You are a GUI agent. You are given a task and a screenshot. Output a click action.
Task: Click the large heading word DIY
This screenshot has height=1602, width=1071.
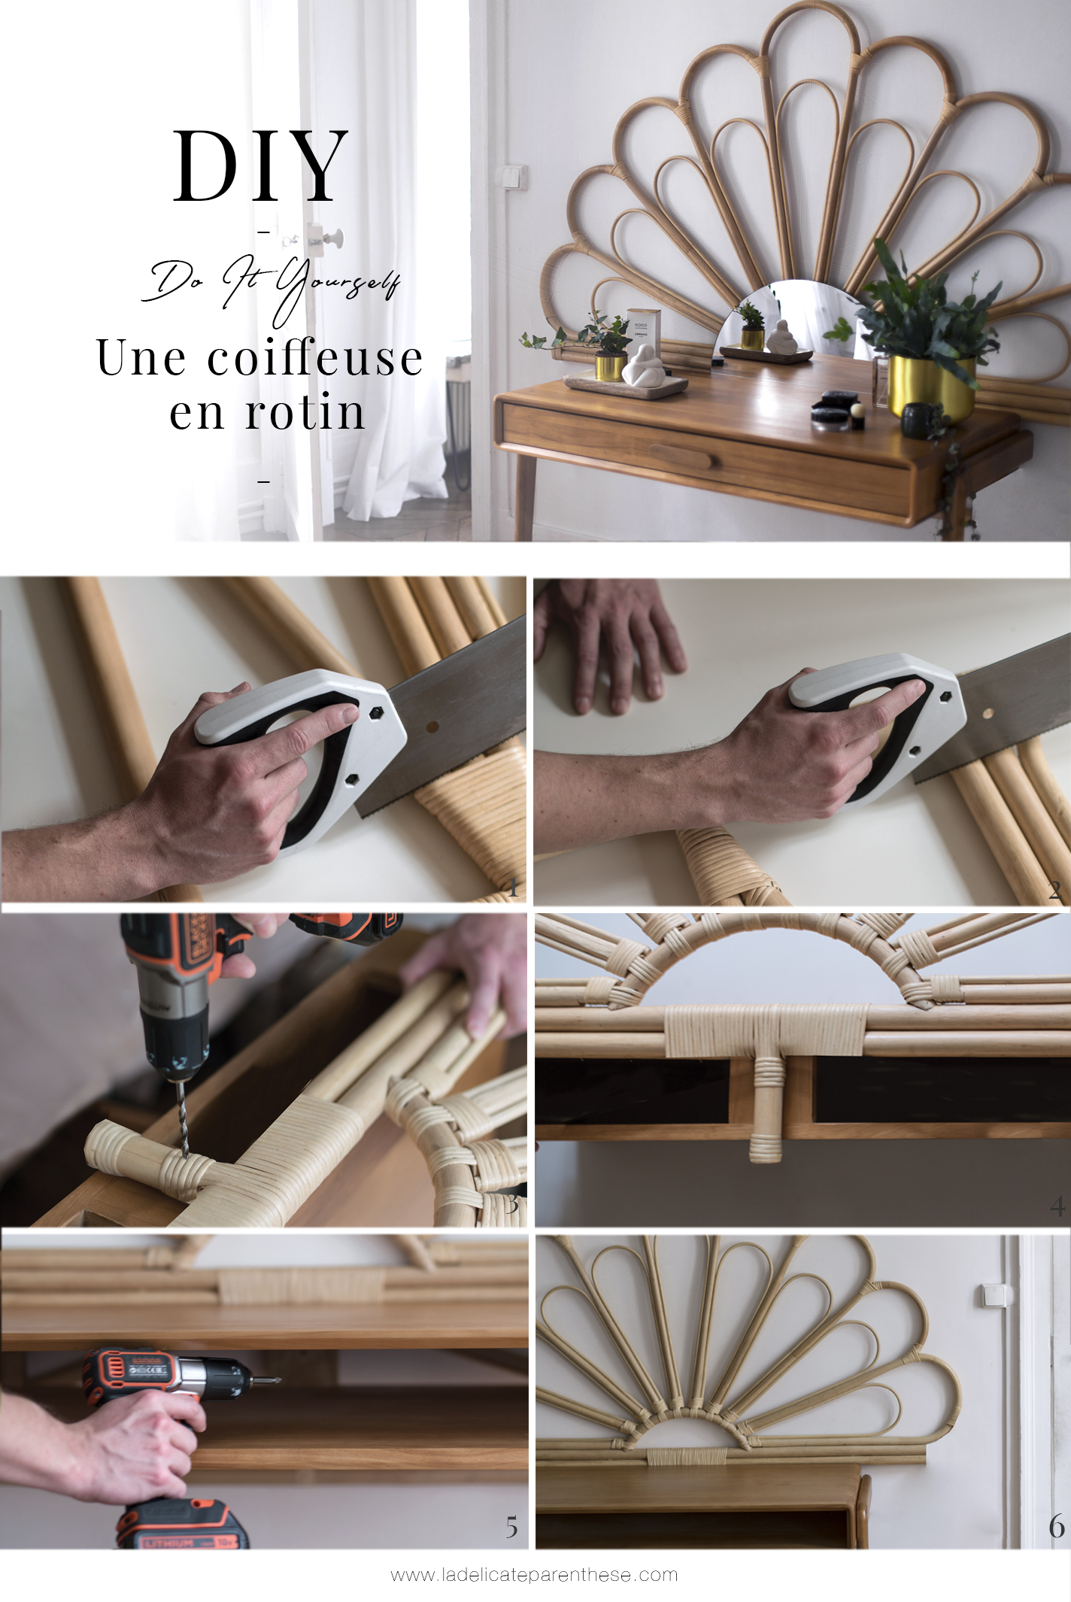click(260, 166)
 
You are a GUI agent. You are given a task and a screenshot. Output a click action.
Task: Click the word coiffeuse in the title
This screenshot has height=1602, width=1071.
click(315, 358)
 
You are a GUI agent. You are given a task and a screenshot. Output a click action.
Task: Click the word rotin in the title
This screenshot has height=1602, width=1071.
click(305, 413)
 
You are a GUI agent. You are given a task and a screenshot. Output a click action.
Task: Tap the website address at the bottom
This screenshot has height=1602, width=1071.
click(534, 1574)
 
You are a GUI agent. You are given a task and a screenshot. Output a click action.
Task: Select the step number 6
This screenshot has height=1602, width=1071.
click(1056, 1526)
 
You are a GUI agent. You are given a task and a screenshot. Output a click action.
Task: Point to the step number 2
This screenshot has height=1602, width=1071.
click(1054, 891)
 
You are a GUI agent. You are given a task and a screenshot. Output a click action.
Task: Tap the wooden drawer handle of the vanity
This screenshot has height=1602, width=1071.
click(681, 456)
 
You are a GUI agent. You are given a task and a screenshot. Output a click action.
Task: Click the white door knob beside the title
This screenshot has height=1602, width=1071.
click(332, 239)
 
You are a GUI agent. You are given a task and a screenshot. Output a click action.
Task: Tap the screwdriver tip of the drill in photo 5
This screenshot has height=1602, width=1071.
click(267, 1380)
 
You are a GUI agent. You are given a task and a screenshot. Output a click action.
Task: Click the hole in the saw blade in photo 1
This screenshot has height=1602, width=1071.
click(432, 728)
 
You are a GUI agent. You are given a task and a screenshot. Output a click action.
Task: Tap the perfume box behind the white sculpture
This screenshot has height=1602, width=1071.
click(643, 331)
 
